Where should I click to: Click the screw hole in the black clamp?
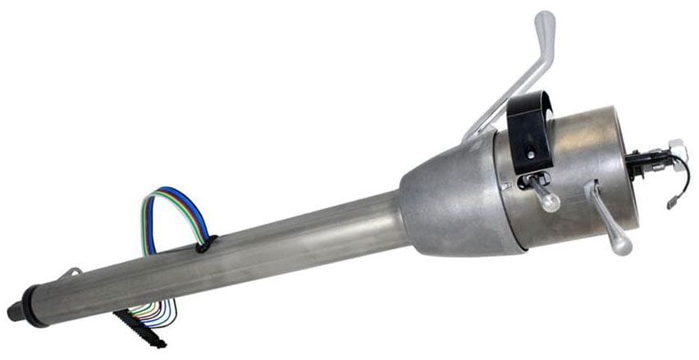(531, 153)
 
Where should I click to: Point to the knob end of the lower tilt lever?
(622, 244)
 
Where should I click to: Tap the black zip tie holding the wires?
(203, 243)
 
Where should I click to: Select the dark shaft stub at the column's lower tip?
(14, 312)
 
